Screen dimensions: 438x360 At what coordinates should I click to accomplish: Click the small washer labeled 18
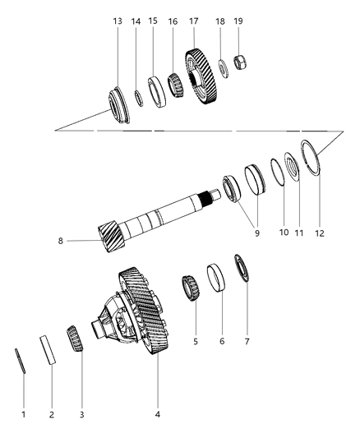[222, 67]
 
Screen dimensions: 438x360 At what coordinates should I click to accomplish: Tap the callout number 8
[59, 241]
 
